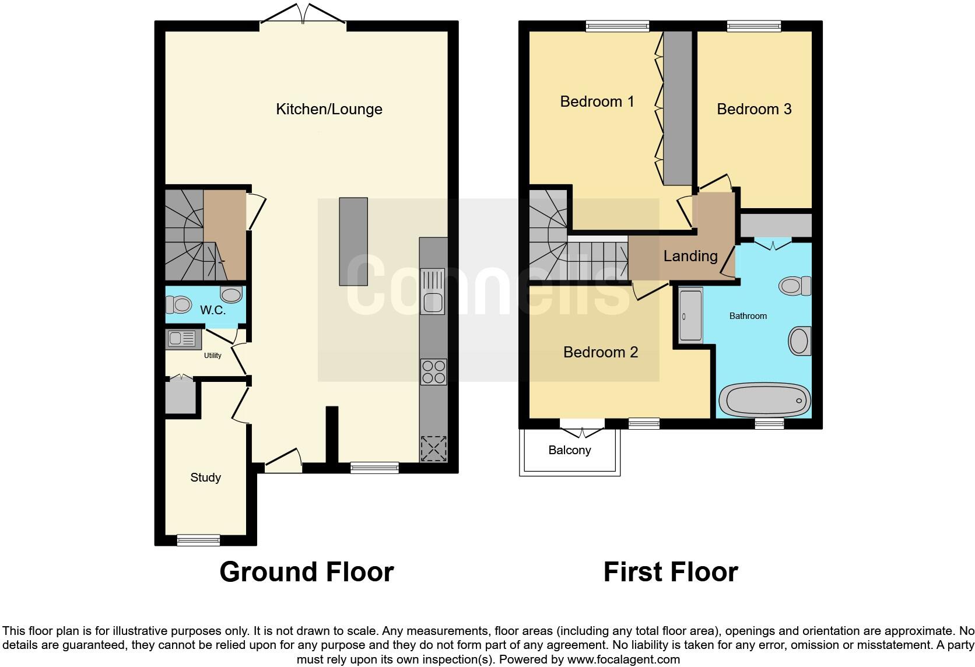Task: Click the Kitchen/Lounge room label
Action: coord(329,109)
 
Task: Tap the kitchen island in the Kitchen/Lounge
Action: coord(353,241)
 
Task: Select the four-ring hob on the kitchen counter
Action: coord(433,372)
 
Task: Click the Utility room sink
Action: coord(183,339)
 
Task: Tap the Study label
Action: coord(205,478)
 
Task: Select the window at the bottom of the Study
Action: coord(198,540)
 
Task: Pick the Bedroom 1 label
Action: coord(597,101)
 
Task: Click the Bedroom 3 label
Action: coord(754,109)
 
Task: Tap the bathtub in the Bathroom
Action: coord(764,401)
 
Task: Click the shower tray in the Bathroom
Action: coord(691,315)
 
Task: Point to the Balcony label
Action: coord(569,450)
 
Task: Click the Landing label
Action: coord(690,256)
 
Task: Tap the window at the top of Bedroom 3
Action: coord(753,26)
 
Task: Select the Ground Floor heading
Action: coord(306,572)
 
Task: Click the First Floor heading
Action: coord(671,572)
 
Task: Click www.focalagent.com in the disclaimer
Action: coord(623,660)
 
